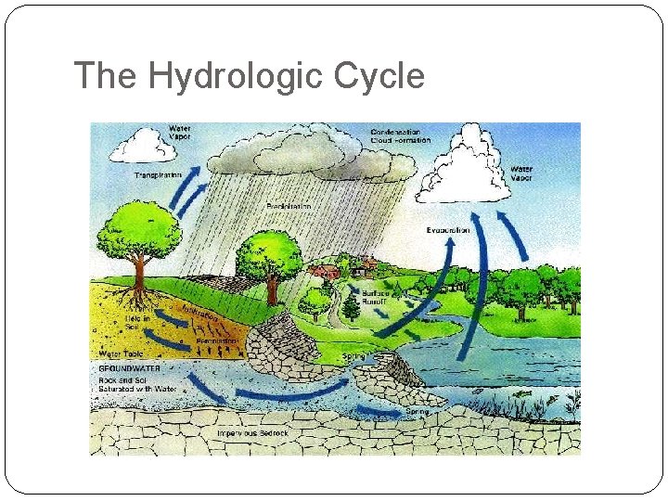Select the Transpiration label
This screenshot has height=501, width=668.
click(x=158, y=174)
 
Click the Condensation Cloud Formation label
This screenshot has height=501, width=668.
click(x=400, y=135)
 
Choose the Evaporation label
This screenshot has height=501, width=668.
click(x=448, y=229)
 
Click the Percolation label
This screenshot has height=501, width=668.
click(x=217, y=340)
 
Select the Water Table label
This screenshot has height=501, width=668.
click(x=120, y=354)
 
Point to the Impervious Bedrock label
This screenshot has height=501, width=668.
click(x=251, y=432)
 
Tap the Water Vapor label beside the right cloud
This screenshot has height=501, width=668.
click(x=521, y=173)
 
